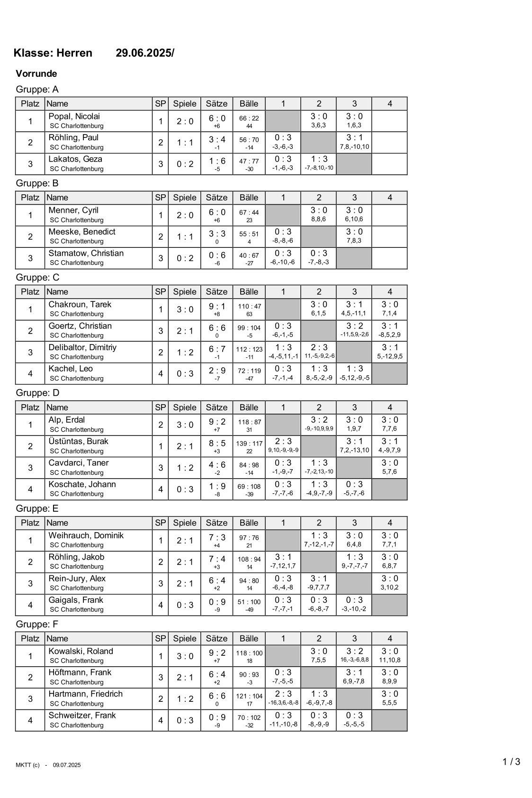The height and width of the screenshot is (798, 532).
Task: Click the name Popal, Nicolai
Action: point(74,117)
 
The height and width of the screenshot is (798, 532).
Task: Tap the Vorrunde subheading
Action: point(36,73)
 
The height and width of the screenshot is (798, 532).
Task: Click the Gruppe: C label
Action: point(37,277)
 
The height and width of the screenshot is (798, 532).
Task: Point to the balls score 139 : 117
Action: point(249,444)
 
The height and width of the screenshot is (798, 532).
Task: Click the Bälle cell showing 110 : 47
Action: point(249,307)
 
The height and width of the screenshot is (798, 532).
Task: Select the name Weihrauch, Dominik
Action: point(86,535)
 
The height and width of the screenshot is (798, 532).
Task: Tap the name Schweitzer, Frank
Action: point(82,716)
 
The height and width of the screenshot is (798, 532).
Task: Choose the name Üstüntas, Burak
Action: point(78,442)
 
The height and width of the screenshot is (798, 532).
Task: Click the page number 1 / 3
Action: point(511,762)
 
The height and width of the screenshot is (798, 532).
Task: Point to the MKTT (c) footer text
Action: point(27,765)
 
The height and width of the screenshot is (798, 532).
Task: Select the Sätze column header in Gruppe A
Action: point(216,104)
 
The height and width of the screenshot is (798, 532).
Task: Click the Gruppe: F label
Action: point(37,624)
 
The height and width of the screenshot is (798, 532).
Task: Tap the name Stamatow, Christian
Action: point(86,254)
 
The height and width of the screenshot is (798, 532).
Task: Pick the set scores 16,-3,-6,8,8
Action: point(354,660)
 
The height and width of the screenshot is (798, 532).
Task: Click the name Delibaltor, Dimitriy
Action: point(82,347)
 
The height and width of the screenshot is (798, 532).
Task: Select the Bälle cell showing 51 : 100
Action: point(249,602)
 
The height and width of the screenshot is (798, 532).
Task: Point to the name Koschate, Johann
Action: point(82,484)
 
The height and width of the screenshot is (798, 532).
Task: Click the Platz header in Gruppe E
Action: point(30,523)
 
